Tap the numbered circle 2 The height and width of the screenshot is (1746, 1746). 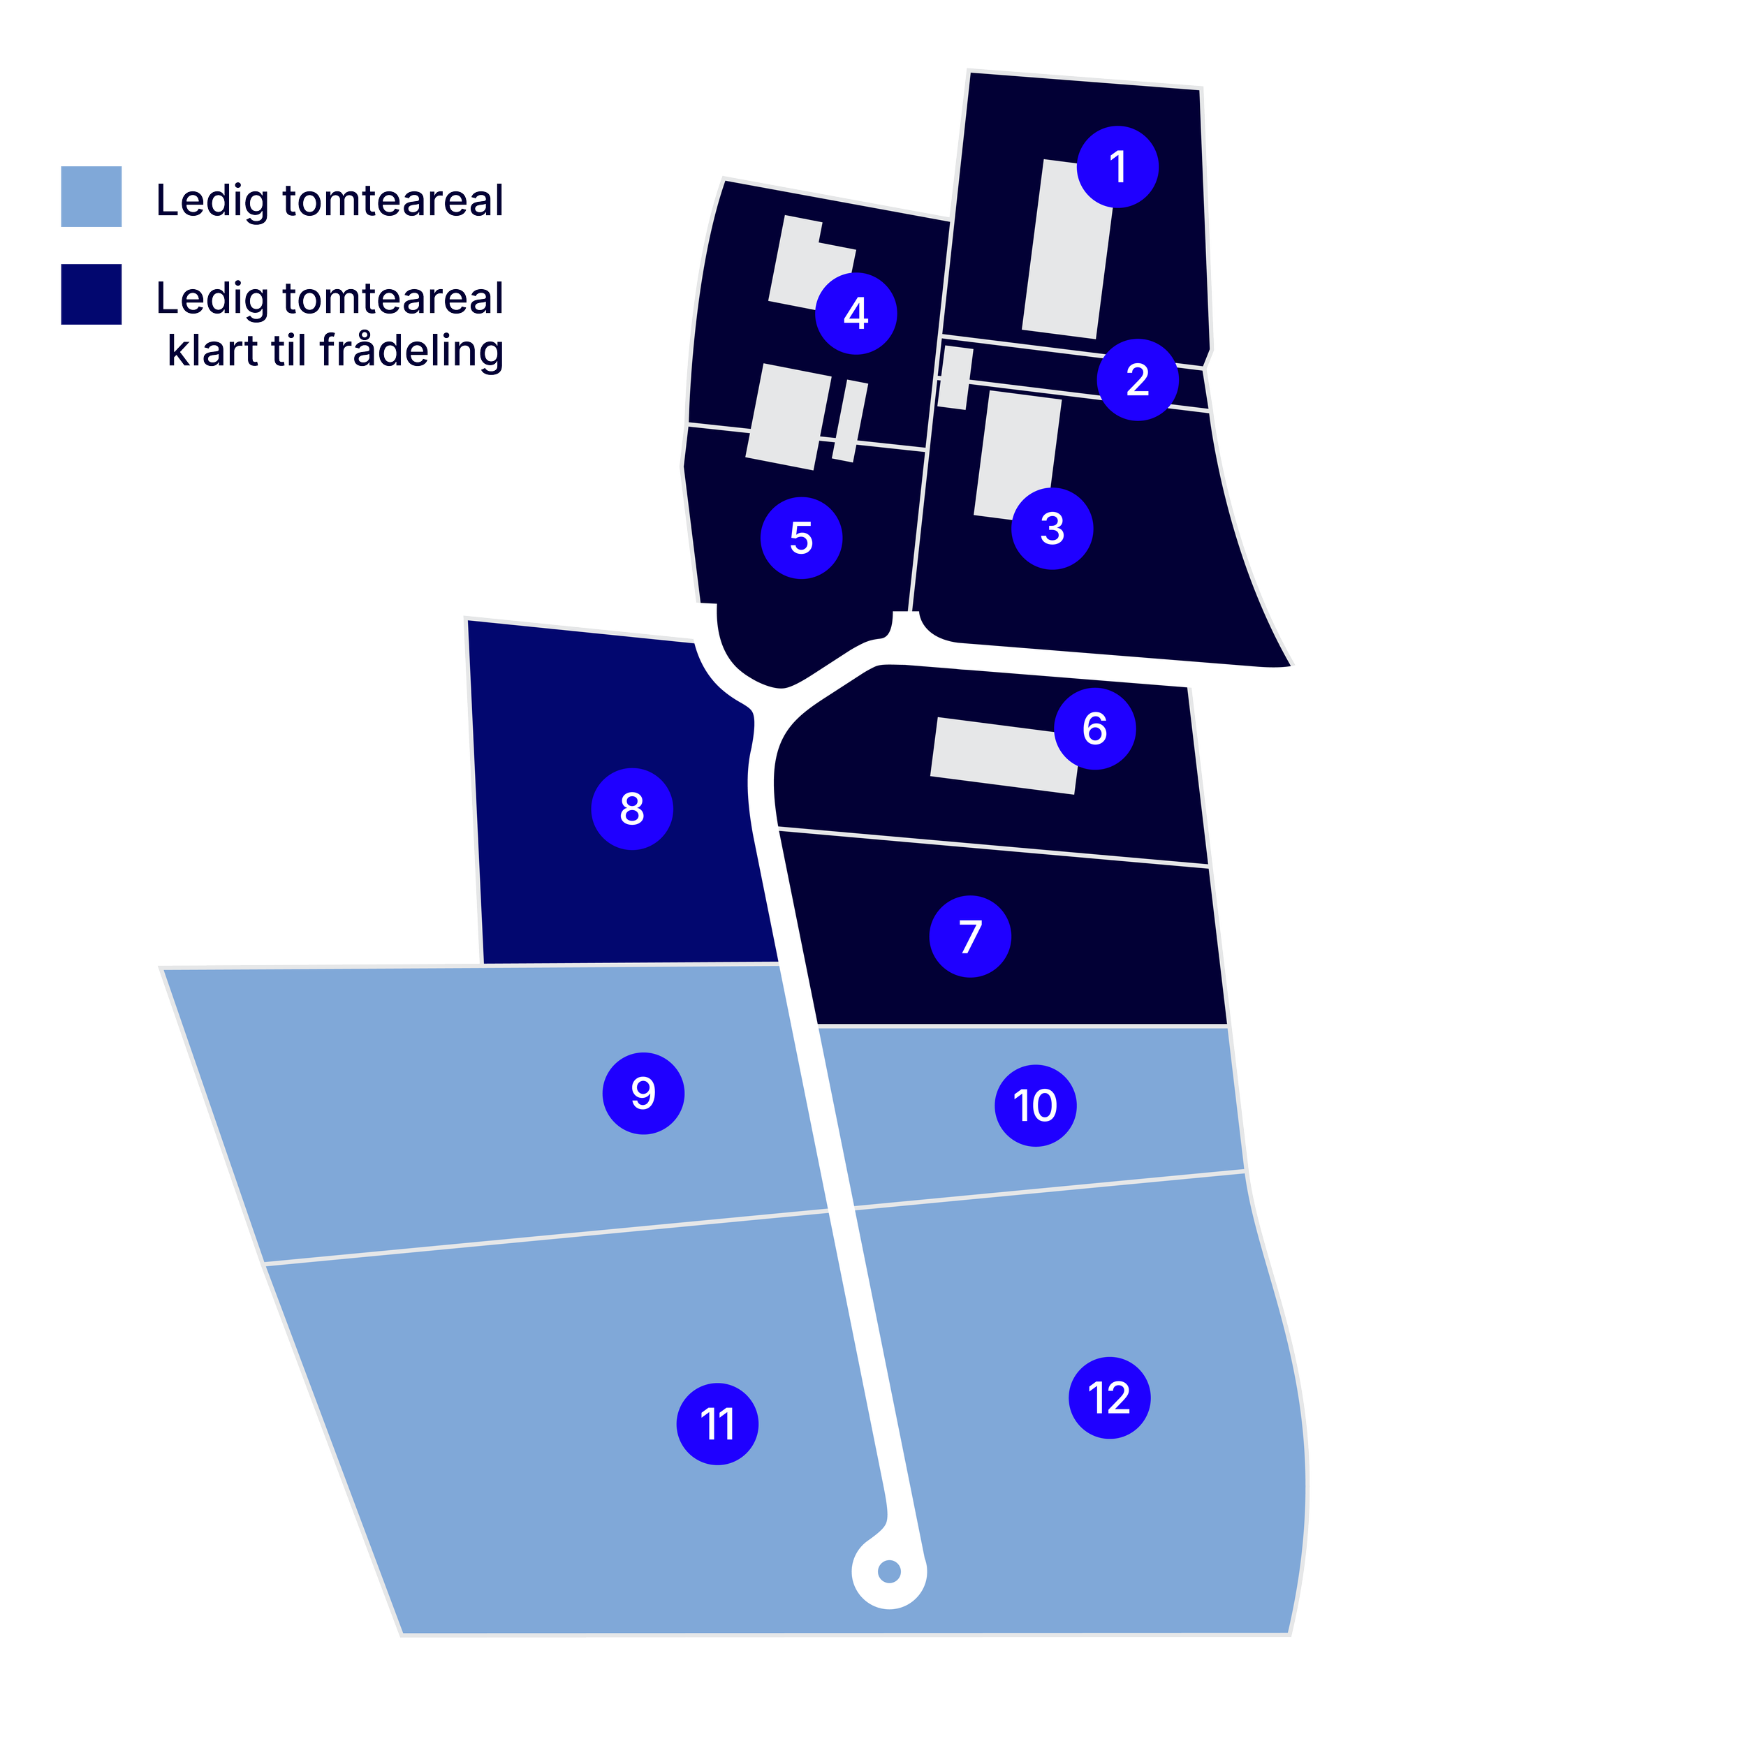1137,379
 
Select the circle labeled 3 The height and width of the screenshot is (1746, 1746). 1052,529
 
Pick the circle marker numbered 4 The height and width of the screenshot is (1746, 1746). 856,314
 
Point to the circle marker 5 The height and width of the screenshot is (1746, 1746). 802,538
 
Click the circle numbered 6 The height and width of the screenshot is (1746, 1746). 1094,728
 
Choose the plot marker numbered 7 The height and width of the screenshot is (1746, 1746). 969,937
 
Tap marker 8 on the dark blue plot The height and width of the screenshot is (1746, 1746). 632,809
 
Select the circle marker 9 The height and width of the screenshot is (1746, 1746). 643,1094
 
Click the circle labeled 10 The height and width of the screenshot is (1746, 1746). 1036,1106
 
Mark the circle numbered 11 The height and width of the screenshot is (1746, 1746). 717,1424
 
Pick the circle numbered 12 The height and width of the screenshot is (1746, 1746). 1110,1398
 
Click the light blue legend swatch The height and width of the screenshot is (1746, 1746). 91,196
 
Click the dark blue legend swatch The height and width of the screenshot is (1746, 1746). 91,294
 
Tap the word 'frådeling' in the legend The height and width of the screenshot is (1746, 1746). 412,351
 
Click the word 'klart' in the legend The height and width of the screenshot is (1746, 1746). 213,351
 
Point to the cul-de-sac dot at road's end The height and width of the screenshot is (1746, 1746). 889,1571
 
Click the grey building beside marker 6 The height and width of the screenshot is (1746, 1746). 994,754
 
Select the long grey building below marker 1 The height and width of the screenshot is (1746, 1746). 1066,249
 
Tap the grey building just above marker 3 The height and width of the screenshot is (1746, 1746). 1018,452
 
